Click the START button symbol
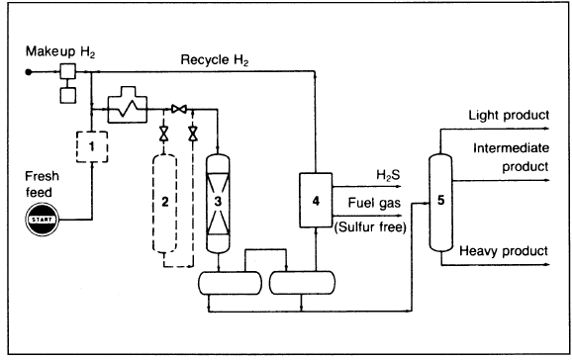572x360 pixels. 43,220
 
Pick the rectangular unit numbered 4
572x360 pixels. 316,200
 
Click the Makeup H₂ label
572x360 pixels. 60,51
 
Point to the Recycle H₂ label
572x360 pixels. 215,59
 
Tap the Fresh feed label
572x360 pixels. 42,184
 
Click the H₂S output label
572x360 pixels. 388,175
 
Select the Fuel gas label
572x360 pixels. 374,203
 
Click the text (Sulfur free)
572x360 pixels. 370,227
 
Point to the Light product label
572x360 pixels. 509,116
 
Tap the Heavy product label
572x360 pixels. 504,251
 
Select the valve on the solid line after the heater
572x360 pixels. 179,109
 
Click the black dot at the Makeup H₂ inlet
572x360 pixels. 29,72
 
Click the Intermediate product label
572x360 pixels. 511,157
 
